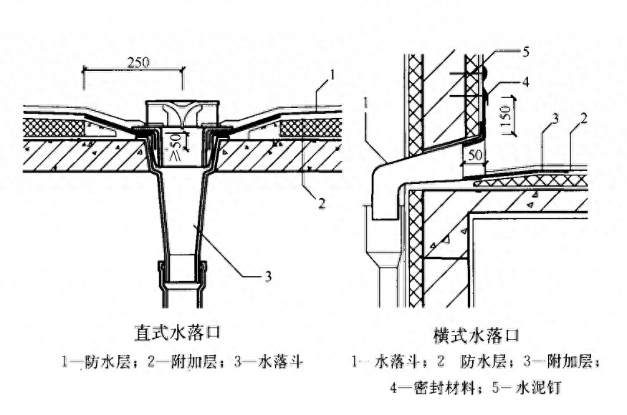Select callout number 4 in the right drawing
[x=526, y=81]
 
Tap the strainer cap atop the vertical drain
[x=183, y=113]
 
